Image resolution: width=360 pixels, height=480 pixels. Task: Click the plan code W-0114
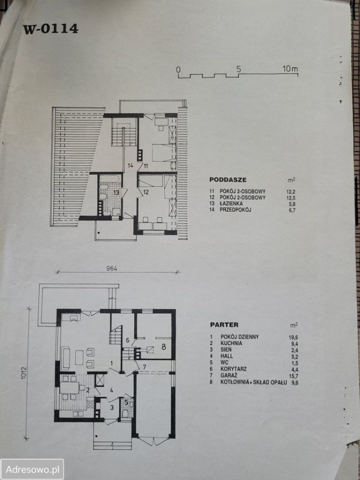[50, 29]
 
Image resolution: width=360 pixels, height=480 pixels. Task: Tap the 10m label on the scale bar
[290, 69]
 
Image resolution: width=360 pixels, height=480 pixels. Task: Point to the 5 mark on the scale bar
[238, 69]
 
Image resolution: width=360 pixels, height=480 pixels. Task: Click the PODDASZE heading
[228, 179]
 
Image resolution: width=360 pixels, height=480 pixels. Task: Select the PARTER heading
[224, 325]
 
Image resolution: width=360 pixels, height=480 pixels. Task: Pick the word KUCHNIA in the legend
[231, 343]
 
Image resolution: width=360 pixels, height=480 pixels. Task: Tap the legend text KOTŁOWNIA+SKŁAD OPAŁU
[253, 382]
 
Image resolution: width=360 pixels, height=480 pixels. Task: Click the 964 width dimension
[112, 268]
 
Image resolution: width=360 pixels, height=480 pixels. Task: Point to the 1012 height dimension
[24, 373]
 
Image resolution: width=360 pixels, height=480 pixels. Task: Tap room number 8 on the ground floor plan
[164, 347]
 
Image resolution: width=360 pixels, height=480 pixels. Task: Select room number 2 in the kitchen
[88, 389]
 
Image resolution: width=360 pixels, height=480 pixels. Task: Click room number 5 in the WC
[126, 402]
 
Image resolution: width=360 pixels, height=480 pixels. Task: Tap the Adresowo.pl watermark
[32, 469]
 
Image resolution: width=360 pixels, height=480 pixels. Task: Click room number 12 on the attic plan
[145, 192]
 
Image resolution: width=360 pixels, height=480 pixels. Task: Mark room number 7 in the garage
[144, 366]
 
